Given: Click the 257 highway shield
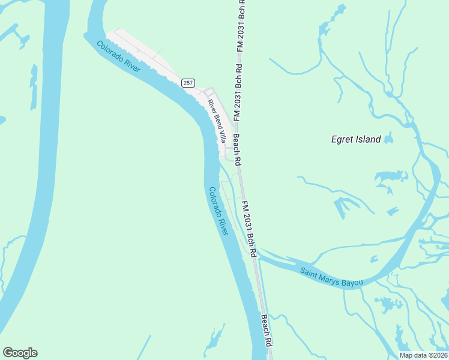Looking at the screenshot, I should coord(188,82).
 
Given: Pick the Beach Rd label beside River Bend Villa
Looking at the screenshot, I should coord(237,149).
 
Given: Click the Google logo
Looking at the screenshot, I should coord(20,353).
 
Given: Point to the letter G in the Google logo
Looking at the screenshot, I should coord(8,353).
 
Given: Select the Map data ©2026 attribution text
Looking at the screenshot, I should coord(423,355).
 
